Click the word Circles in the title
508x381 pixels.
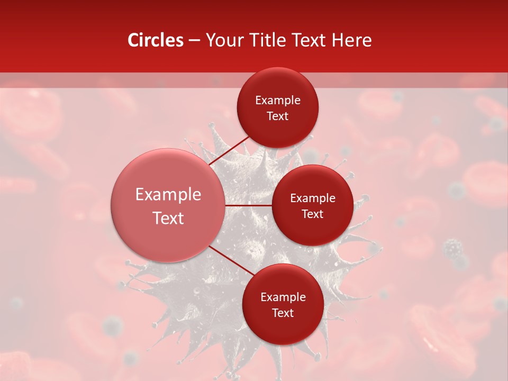(156, 40)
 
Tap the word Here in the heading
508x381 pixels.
(352, 40)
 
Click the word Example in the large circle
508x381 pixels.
(168, 194)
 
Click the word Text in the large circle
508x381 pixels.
(168, 218)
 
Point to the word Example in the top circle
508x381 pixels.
(278, 101)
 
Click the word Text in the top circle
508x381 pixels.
(278, 116)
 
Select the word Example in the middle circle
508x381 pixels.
(313, 198)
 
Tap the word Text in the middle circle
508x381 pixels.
(313, 214)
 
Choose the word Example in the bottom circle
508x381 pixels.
(283, 297)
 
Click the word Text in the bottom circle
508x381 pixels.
(283, 313)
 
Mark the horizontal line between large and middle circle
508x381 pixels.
(249, 205)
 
